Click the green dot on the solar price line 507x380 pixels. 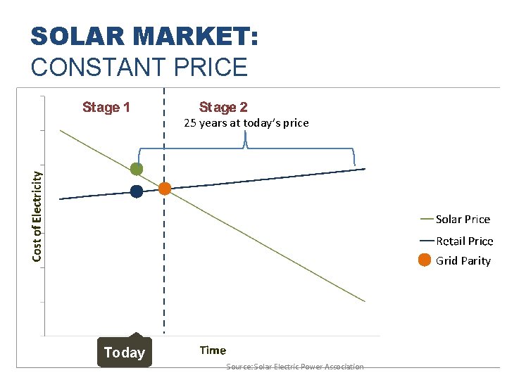coord(137,169)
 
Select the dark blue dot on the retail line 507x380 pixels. coord(137,191)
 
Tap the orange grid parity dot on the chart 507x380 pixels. coord(165,189)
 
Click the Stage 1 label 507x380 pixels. coord(106,108)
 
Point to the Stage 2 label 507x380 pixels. coord(223,108)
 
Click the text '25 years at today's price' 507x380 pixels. coord(246,123)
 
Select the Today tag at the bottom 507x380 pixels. coord(125,353)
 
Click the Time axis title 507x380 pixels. coord(213,350)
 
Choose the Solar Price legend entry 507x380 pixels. coord(463,220)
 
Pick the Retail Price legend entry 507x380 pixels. coord(465,241)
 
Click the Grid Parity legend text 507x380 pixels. coord(463,261)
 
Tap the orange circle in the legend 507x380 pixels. coord(425,260)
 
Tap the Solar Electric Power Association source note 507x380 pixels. coord(295,367)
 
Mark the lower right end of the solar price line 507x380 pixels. coord(365,301)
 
